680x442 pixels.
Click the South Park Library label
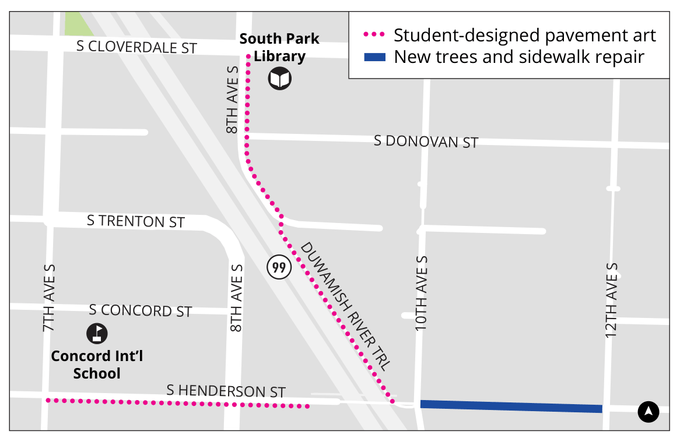click(x=279, y=48)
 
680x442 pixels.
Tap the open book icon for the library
click(x=279, y=79)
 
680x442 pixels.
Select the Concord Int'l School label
click(x=97, y=365)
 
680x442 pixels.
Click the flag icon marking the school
click(x=97, y=333)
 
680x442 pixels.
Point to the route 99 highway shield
click(x=279, y=267)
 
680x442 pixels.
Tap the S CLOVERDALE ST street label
click(x=137, y=47)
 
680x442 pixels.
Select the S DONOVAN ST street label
click(x=426, y=141)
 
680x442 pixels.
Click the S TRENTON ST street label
click(x=135, y=221)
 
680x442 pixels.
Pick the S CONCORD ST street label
click(x=140, y=311)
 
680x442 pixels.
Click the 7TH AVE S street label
click(x=48, y=298)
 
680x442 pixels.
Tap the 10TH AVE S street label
click(x=422, y=294)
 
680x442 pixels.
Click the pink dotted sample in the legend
click(x=374, y=36)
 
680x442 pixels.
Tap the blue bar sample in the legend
click(x=374, y=57)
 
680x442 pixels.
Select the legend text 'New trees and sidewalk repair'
click(x=518, y=57)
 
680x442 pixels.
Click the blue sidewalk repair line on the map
click(x=511, y=406)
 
